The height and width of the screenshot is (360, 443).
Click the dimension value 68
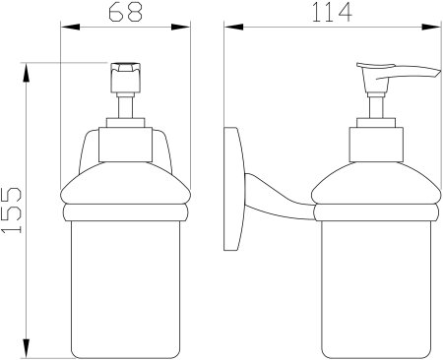(125, 12)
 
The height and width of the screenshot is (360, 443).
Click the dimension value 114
(332, 12)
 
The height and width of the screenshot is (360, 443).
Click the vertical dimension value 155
(12, 210)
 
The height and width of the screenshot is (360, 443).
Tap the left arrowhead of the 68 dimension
(70, 27)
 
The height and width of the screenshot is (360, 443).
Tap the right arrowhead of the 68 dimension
(181, 27)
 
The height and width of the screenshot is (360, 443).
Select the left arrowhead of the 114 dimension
(233, 27)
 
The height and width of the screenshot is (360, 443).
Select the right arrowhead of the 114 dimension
(431, 27)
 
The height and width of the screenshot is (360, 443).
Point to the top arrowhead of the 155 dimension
(27, 73)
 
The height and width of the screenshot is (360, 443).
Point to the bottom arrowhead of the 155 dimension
(27, 348)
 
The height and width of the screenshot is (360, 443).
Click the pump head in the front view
(126, 78)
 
